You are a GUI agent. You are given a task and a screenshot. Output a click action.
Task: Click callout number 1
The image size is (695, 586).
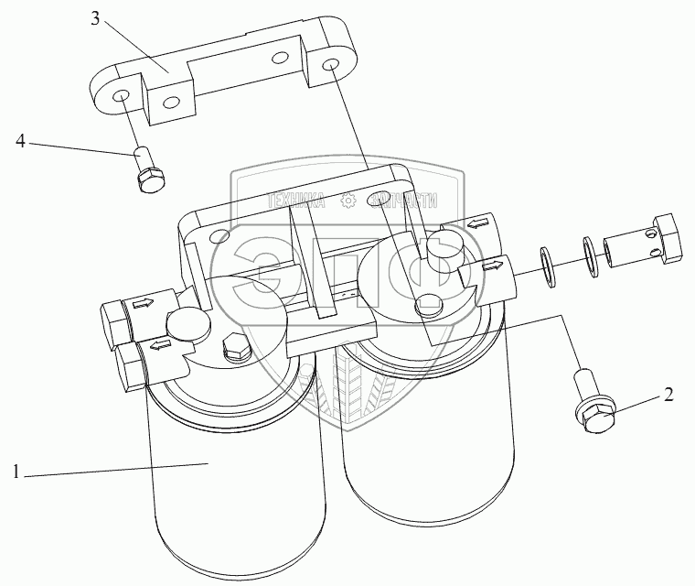click(x=16, y=472)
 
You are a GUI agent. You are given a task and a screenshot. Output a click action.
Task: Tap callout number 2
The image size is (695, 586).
click(x=668, y=396)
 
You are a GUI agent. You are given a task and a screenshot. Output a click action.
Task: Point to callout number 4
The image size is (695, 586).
click(x=21, y=141)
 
